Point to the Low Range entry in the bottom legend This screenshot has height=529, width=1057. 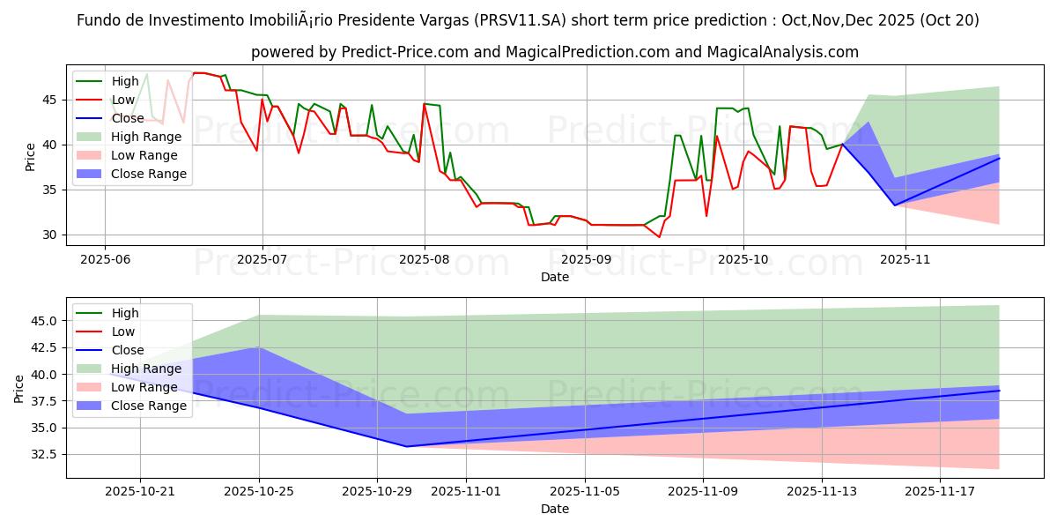pos(146,387)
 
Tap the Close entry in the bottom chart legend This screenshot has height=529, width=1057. pos(128,350)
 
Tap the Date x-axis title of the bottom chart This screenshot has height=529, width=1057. pos(555,509)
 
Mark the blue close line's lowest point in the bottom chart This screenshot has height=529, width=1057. pos(406,446)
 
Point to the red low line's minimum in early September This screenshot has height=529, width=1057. pos(658,236)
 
